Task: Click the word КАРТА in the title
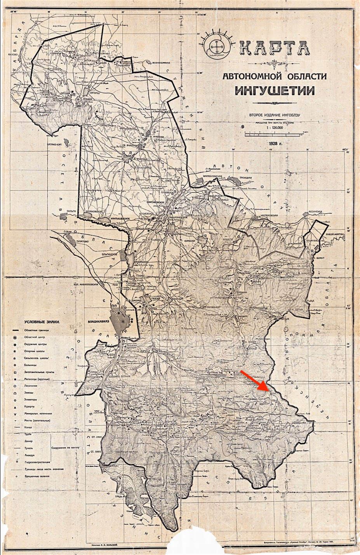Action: (275, 48)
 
